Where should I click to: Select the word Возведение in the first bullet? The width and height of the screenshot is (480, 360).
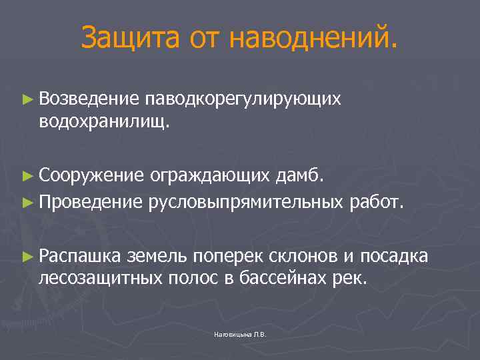[x=89, y=99]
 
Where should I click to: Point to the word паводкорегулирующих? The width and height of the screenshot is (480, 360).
[x=246, y=100]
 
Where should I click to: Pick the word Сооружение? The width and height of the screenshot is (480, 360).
[x=91, y=176]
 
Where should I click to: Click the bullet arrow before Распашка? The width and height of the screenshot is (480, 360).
[x=27, y=255]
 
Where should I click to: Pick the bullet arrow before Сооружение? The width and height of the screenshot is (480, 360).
[x=27, y=176]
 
